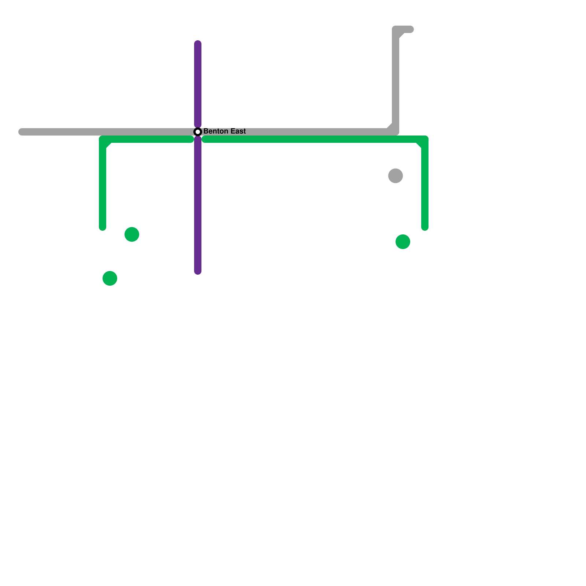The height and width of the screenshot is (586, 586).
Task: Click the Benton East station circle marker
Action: pos(198,132)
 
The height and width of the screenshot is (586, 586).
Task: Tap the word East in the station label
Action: pos(237,131)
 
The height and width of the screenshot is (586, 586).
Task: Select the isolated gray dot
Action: pos(396,176)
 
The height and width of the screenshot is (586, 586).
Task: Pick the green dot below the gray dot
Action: pos(403,242)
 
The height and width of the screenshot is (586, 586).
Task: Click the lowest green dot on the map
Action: pos(110,278)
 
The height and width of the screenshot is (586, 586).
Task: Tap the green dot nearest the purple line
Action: pos(132,234)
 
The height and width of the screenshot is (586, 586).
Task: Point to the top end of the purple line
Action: pos(198,43)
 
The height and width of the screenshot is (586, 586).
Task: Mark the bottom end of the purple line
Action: pos(198,272)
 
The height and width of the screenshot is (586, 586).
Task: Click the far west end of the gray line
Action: pos(21,132)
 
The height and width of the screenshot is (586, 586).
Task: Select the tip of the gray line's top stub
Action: pos(411,29)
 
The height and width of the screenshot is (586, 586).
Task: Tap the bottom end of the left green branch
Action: pos(103,228)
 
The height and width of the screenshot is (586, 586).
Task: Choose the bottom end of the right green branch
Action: pos(425,228)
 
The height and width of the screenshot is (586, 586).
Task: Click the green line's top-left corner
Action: pos(103,140)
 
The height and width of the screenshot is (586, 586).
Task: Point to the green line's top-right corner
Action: pos(424,140)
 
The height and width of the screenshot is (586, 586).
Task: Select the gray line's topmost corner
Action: pos(396,30)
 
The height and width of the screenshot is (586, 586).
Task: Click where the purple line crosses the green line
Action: pos(198,139)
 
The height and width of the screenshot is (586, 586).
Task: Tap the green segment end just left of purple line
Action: pos(191,139)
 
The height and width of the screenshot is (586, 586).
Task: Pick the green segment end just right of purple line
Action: pos(204,139)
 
